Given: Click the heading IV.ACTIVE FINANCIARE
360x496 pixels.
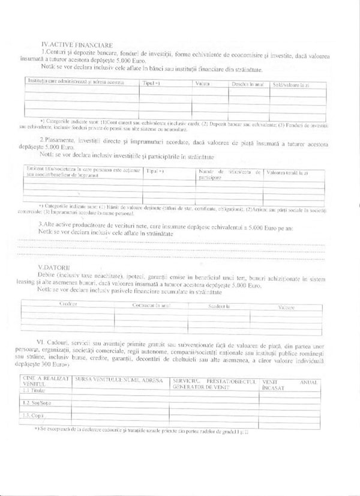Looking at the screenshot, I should (74, 45).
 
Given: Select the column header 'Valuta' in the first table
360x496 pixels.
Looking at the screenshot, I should (202, 83).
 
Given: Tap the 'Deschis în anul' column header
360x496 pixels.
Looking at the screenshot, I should (248, 84).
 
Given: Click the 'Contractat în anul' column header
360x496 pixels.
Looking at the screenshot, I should (150, 306).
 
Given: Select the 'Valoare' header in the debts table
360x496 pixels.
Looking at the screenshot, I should (286, 307).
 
